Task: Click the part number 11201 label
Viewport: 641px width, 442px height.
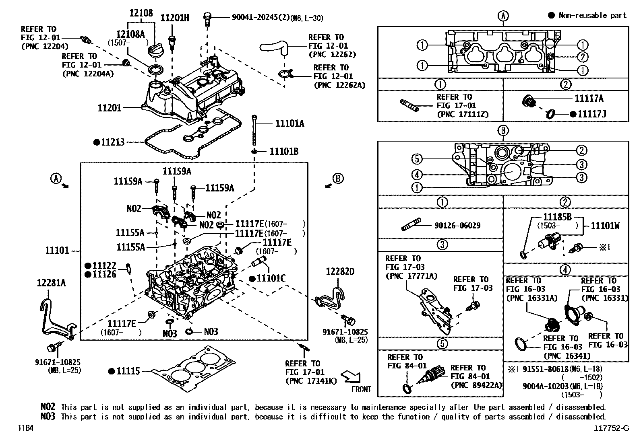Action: [109, 108]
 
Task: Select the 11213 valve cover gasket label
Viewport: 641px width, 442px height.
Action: [113, 142]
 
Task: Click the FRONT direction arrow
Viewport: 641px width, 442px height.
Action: [350, 377]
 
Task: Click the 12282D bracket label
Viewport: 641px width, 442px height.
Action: [340, 272]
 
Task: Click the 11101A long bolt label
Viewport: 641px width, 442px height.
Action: [289, 123]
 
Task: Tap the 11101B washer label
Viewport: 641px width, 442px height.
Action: [284, 152]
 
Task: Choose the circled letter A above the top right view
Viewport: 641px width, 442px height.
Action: [503, 16]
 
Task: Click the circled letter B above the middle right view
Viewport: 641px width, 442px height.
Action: [503, 131]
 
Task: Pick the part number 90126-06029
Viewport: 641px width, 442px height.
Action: [457, 226]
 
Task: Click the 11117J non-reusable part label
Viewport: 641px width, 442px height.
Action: [591, 114]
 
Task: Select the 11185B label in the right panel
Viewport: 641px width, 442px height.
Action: [557, 217]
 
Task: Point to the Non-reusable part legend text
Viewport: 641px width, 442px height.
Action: [593, 15]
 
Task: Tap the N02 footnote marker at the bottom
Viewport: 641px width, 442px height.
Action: [48, 407]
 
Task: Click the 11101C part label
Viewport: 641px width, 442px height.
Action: [271, 278]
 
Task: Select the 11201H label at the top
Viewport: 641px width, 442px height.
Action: [174, 18]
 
